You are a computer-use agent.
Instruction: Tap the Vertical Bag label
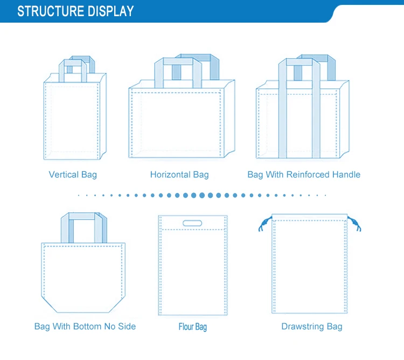(73, 175)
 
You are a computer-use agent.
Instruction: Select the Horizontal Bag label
(179, 175)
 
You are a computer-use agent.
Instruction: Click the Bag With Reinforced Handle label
(304, 175)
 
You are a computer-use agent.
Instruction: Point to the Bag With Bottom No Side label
(85, 327)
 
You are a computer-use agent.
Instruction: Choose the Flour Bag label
(193, 327)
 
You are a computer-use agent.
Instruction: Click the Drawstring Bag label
(312, 327)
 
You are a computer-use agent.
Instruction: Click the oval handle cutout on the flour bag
(192, 223)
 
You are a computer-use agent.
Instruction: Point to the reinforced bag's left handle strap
(282, 113)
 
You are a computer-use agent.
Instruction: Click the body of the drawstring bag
(309, 267)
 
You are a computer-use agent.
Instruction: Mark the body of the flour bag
(193, 272)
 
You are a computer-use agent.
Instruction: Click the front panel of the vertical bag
(70, 121)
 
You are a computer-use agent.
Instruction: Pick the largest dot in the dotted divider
(202, 195)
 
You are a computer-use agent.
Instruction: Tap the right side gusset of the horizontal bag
(229, 121)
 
